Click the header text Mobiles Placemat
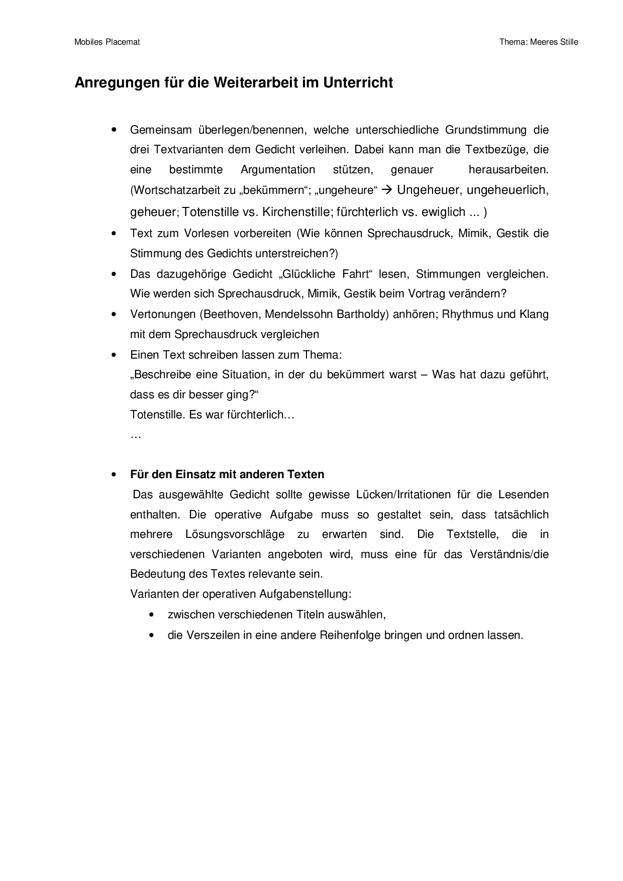[x=107, y=42]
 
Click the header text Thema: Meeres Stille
[x=539, y=42]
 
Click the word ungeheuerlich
[x=507, y=190]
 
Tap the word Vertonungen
[x=162, y=314]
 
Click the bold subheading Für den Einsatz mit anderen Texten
[x=227, y=475]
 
